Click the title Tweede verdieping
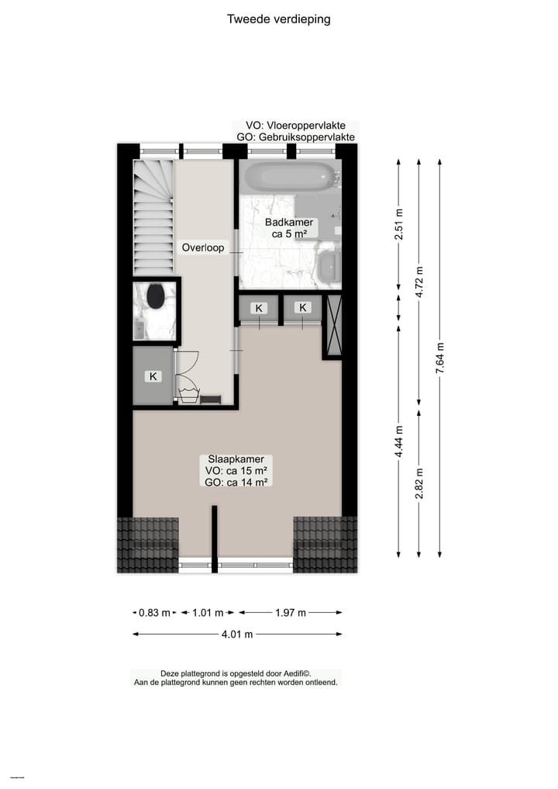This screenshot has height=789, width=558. tap(278, 19)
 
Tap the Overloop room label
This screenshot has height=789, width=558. tap(203, 248)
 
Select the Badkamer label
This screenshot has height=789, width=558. tap(289, 223)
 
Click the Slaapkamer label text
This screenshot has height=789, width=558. tap(237, 459)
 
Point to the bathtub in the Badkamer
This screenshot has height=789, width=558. tap(288, 177)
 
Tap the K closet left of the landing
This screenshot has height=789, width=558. tap(153, 377)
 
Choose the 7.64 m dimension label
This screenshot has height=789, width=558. tap(440, 359)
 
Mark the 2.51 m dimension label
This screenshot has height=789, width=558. tap(398, 225)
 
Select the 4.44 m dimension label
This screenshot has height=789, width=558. tap(398, 441)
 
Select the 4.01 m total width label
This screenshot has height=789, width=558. tap(237, 635)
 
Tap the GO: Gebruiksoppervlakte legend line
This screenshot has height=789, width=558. tap(296, 137)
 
